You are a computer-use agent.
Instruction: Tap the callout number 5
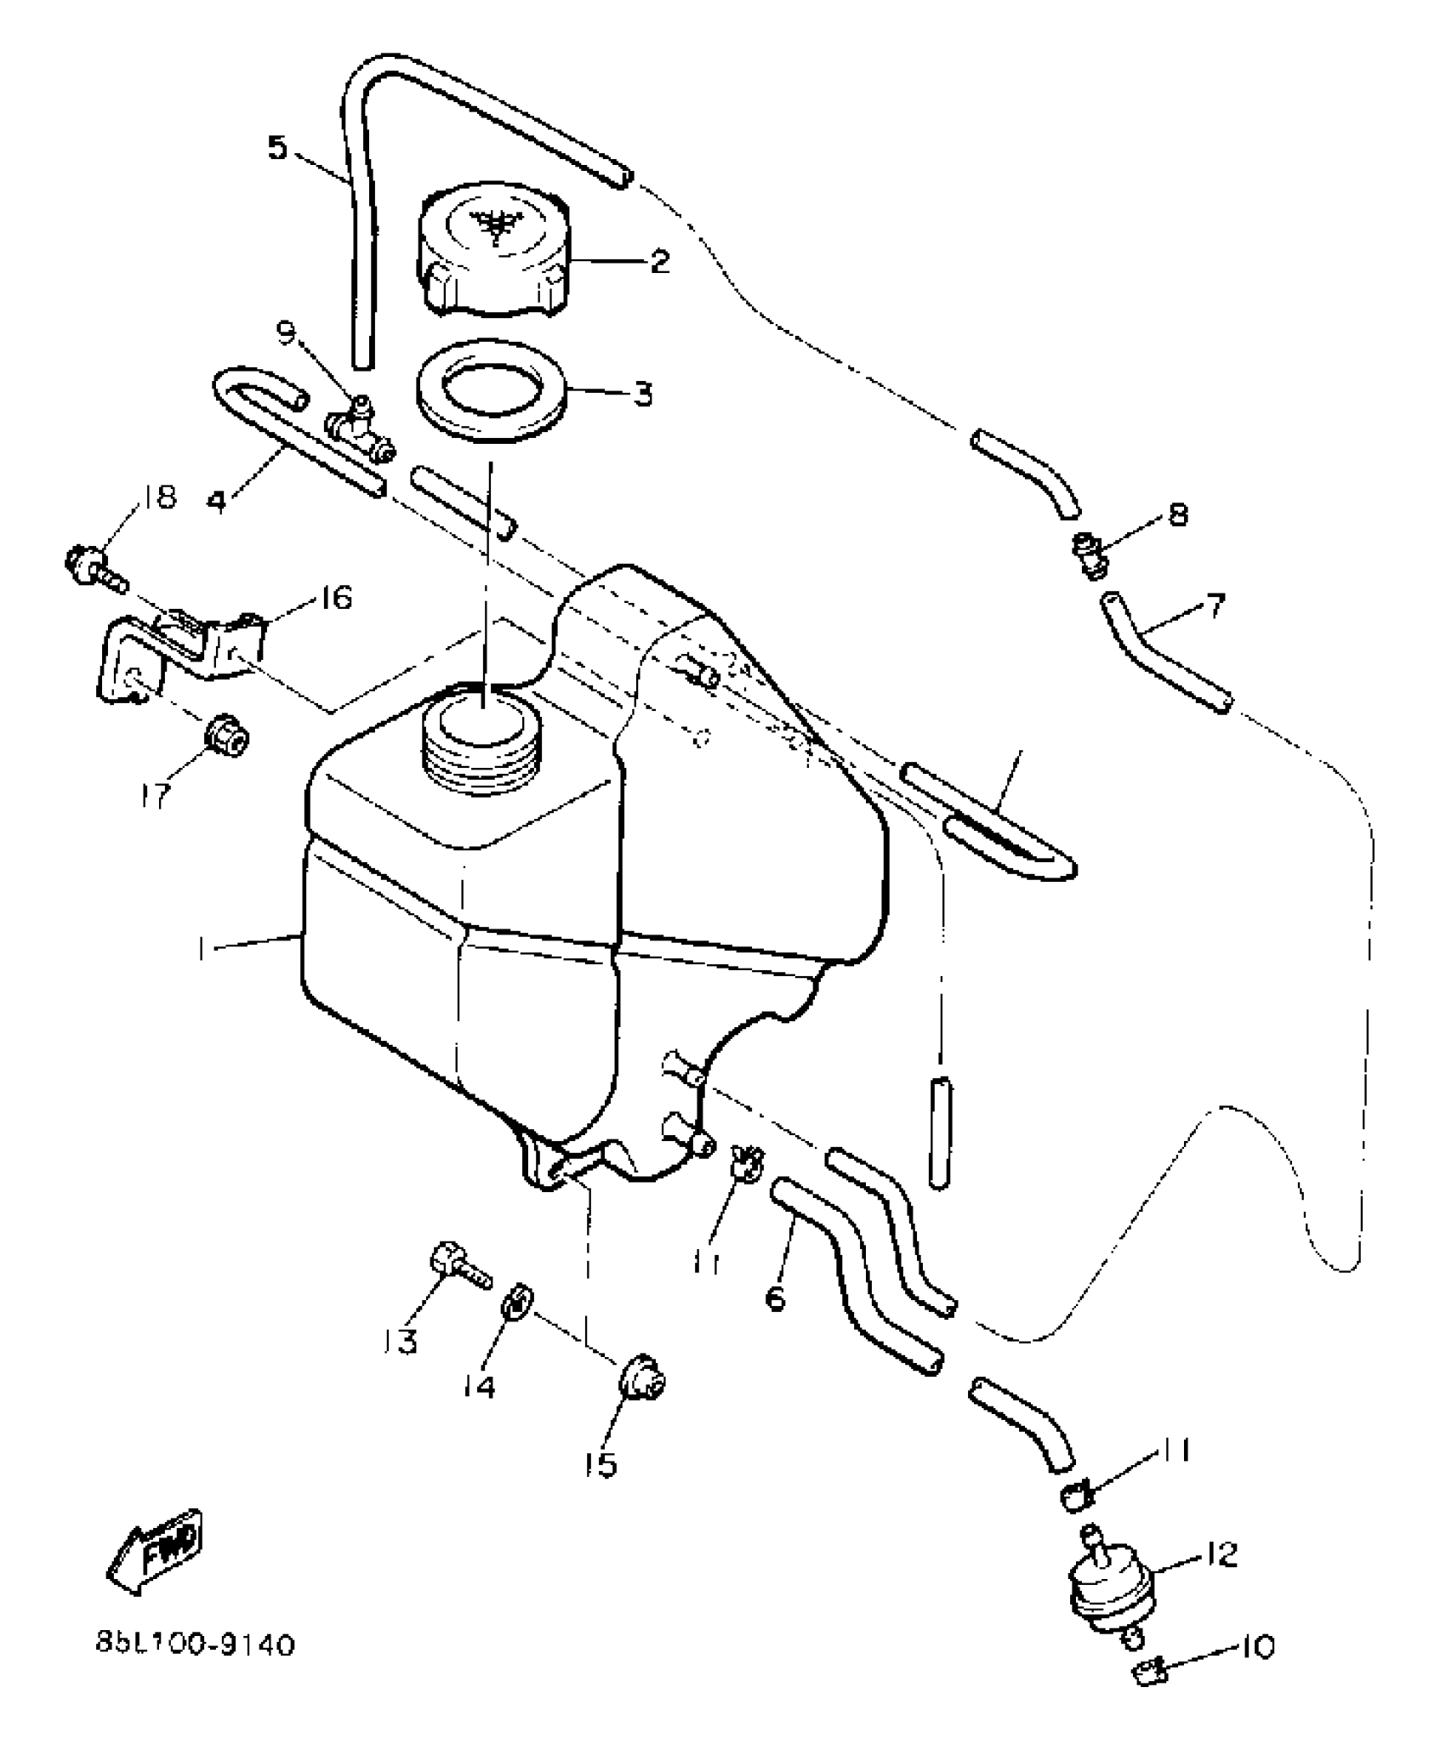point(277,148)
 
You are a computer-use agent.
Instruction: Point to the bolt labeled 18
point(94,566)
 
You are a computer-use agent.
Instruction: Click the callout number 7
point(1215,607)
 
